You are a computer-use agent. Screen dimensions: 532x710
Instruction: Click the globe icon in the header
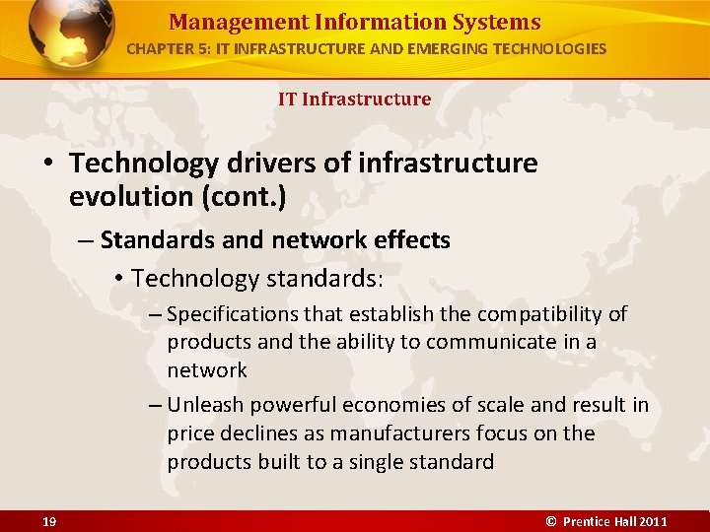click(x=71, y=33)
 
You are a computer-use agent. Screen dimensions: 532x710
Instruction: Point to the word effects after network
click(x=409, y=239)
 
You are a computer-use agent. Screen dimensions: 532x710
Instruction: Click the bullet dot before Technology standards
click(x=117, y=279)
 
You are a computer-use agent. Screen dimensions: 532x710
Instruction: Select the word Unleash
click(x=206, y=405)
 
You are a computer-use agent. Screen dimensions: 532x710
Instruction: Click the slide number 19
click(x=48, y=521)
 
